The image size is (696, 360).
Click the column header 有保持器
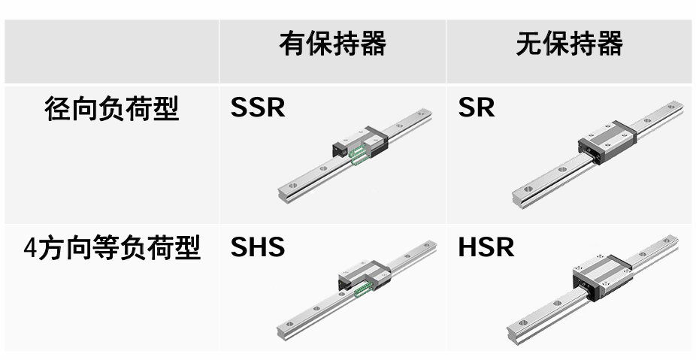click(x=332, y=44)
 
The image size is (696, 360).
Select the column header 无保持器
click(x=569, y=44)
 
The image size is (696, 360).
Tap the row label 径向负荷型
click(x=111, y=109)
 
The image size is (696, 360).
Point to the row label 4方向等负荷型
click(x=111, y=247)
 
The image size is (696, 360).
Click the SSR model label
click(x=258, y=107)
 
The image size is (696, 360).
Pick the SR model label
click(x=477, y=107)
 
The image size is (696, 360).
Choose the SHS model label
click(x=258, y=247)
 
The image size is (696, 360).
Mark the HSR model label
click(x=486, y=247)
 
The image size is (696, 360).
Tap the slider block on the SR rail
click(x=607, y=141)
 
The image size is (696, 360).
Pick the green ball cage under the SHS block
click(x=365, y=289)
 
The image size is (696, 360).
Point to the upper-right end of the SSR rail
click(x=427, y=115)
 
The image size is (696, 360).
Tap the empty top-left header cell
click(x=111, y=51)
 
